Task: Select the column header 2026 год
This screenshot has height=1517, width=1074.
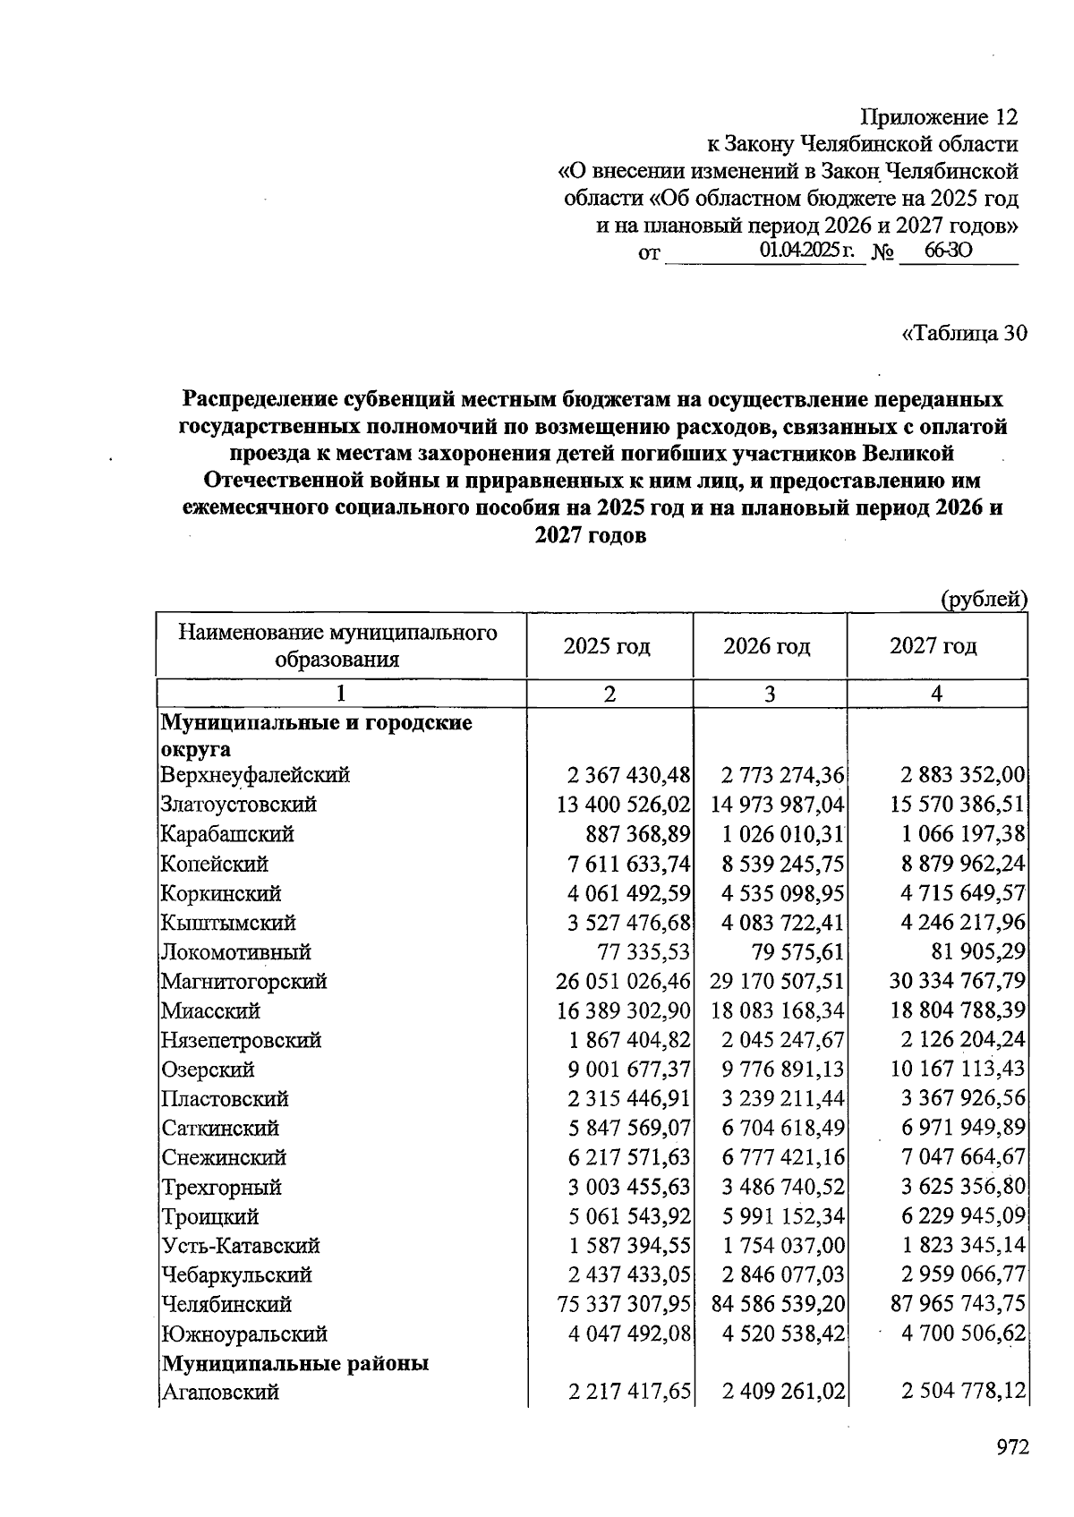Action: (767, 646)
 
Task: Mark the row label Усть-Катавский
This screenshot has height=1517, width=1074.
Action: (241, 1246)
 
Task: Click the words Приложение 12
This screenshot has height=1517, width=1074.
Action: (939, 117)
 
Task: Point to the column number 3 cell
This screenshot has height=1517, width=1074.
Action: (769, 694)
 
